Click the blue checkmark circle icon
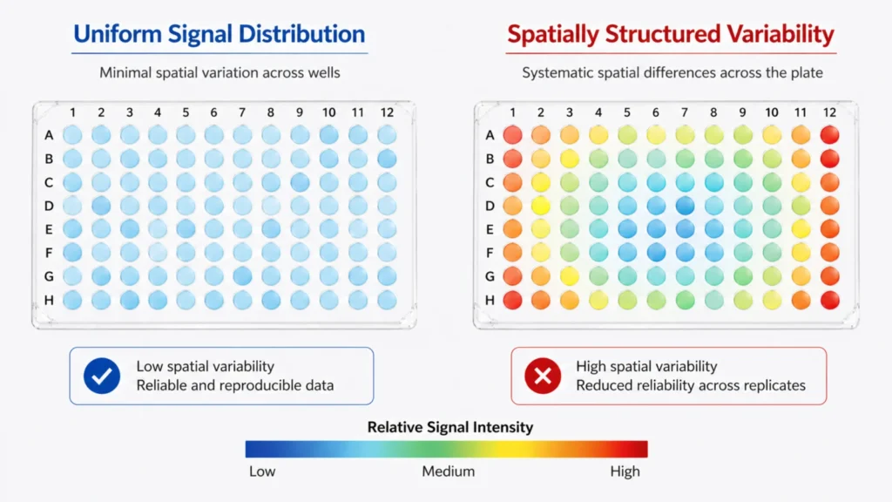(102, 376)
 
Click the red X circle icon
(543, 376)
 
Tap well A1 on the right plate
(513, 134)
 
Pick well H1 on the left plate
(72, 299)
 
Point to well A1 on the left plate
(72, 134)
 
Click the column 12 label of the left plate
(386, 112)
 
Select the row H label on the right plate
(490, 300)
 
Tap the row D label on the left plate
(49, 206)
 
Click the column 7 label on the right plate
(684, 112)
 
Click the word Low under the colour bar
(262, 471)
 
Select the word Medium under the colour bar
(448, 471)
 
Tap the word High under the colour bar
(625, 471)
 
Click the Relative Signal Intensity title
(449, 427)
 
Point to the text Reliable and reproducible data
(234, 385)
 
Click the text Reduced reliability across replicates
(691, 385)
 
